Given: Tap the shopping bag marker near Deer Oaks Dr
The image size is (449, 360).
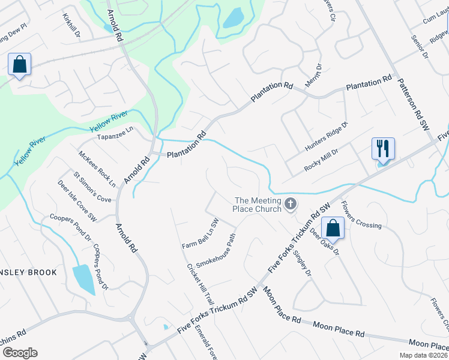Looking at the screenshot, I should click(333, 229).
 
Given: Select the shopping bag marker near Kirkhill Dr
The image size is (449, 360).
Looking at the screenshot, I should click(19, 64).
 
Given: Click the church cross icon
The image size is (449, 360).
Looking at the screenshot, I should click(291, 205).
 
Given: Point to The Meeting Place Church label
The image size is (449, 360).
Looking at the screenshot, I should click(258, 205).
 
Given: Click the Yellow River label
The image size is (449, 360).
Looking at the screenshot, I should click(109, 121).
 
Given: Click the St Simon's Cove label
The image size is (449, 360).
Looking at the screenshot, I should click(92, 187).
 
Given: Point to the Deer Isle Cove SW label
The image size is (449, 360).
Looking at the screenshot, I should click(77, 201).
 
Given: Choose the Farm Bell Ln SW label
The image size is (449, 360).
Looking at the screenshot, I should click(200, 233).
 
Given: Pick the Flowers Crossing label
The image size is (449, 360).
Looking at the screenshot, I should click(361, 215).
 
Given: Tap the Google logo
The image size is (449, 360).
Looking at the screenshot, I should click(20, 353).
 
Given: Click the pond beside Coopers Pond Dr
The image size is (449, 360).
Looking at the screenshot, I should click(83, 279).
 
